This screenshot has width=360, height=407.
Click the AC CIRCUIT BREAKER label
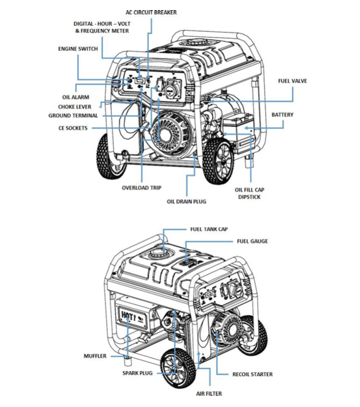pos(152,12)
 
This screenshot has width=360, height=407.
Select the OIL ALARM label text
pos(75,97)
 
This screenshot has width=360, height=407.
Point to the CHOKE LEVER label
pos(75,106)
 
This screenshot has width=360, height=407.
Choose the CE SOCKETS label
pos(73,129)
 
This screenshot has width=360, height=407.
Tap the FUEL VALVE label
pos(292,81)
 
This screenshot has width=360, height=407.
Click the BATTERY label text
pos(283,115)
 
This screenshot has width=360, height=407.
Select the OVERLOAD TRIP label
pos(142,187)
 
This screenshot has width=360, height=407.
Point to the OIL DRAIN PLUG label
pos(187,201)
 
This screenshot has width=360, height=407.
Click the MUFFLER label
pos(94,356)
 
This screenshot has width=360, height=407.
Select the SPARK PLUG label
pos(139,373)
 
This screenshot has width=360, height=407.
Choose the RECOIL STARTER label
pos(253,374)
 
